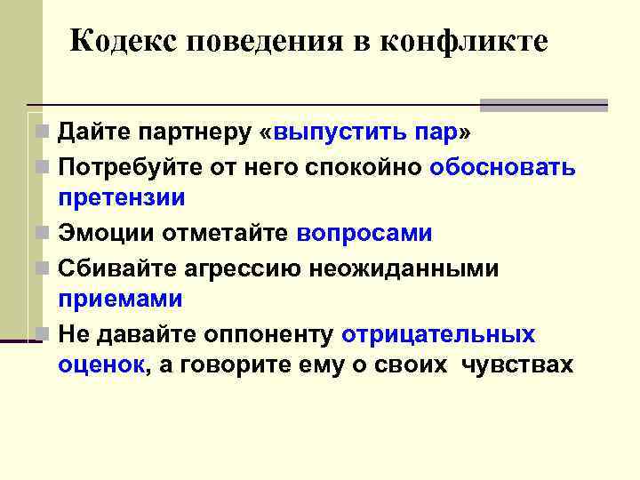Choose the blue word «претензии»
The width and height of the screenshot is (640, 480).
[121, 197]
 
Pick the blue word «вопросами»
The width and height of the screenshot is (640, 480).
[364, 233]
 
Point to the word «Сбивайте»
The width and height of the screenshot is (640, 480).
[113, 268]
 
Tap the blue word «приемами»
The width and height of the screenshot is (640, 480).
[120, 299]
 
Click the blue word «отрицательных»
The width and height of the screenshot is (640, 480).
[438, 334]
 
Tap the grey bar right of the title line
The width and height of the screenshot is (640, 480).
[543, 105]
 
